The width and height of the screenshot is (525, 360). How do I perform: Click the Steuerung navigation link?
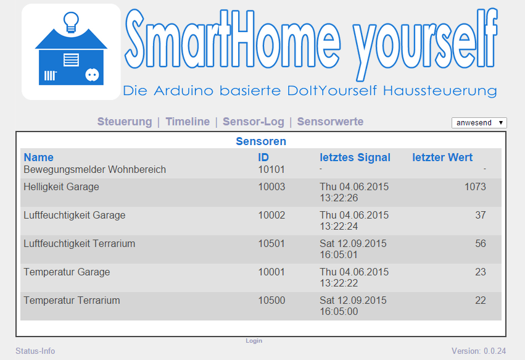click(x=125, y=122)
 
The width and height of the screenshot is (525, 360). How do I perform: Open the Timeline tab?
click(x=188, y=122)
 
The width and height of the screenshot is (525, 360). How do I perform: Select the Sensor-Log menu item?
click(x=254, y=122)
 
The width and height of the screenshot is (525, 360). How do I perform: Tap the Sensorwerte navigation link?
click(x=330, y=122)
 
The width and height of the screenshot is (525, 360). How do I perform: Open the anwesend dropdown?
click(x=479, y=123)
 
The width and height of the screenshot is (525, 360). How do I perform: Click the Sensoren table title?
click(x=261, y=141)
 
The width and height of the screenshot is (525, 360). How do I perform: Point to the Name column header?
click(x=38, y=157)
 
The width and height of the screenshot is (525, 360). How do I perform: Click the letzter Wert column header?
click(x=442, y=157)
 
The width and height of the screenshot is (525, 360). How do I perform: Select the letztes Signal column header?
click(x=355, y=157)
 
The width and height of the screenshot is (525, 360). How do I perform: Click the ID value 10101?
click(x=271, y=170)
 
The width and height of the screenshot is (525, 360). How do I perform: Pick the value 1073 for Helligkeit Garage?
click(x=475, y=186)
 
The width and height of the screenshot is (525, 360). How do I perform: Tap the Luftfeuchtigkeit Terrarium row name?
click(x=80, y=244)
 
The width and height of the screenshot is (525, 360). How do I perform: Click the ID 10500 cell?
click(x=271, y=300)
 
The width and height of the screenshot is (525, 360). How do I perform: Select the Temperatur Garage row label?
click(x=67, y=272)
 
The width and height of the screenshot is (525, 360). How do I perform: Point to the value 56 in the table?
click(x=481, y=244)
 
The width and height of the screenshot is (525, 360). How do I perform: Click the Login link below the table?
click(x=254, y=341)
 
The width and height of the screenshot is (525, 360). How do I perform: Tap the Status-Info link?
click(x=35, y=351)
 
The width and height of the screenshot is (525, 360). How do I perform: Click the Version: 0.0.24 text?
click(x=479, y=351)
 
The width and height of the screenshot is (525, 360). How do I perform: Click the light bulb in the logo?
click(x=71, y=22)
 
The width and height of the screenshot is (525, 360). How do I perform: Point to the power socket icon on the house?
click(x=92, y=75)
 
